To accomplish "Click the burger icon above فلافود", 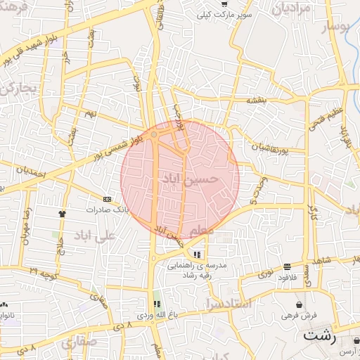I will point(287,266).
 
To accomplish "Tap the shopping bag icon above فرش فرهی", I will point(300,305).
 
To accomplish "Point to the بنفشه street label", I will point(261,101).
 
